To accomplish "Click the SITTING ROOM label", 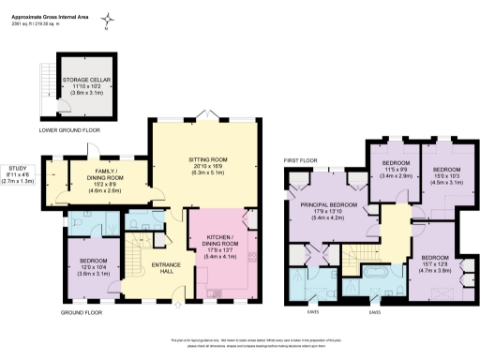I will point(211,161).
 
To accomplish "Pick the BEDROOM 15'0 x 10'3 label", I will point(446,177).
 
